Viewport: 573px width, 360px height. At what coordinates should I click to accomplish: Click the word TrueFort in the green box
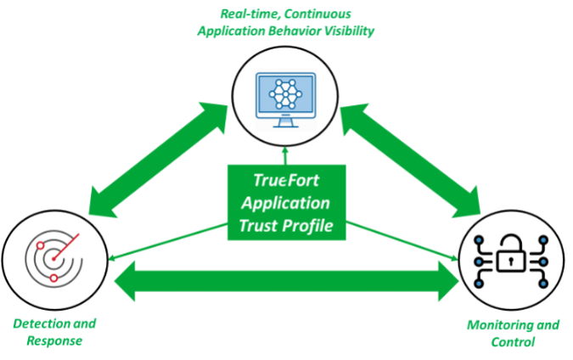point(286,180)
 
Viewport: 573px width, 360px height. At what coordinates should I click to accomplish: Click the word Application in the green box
point(286,203)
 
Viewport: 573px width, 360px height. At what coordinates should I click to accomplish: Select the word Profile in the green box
point(307,225)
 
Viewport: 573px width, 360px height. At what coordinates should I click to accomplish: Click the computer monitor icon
point(285,101)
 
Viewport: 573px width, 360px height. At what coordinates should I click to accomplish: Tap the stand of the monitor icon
point(285,123)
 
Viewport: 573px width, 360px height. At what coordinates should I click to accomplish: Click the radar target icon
point(53,256)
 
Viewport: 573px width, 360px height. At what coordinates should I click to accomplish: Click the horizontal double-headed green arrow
point(285,279)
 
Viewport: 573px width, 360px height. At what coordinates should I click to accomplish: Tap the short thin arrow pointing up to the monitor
point(285,155)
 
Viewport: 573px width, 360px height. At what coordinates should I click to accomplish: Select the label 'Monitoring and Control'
point(513,333)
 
